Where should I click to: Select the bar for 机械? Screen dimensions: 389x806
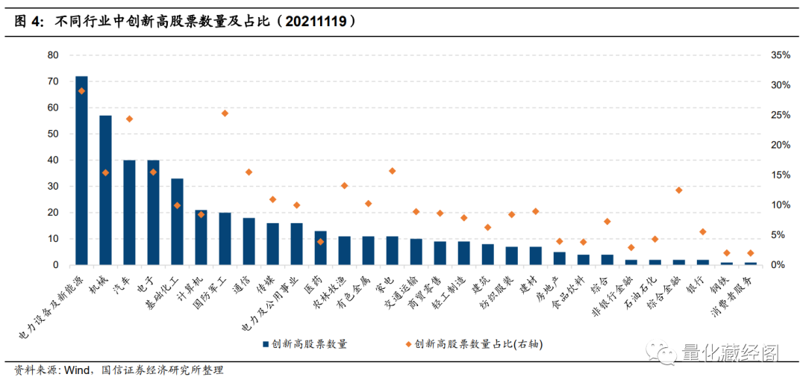coord(105,190)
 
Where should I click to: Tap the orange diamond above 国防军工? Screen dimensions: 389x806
coord(225,113)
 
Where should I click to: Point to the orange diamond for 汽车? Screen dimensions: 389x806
coord(129,119)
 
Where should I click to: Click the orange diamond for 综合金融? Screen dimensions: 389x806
coord(678,190)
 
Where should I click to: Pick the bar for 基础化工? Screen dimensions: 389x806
coord(177,222)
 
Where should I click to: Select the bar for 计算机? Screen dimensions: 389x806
coord(201,237)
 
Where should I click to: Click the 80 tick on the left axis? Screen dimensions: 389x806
coord(52,55)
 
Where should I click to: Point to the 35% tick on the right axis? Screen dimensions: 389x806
coord(780,55)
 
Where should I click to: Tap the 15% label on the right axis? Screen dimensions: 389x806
coord(780,175)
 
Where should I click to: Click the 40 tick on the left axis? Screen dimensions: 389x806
coord(52,161)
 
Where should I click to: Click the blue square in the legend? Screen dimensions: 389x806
coord(265,344)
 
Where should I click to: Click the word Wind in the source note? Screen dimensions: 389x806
coord(77,370)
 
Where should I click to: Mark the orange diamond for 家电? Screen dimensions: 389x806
coord(392,171)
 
